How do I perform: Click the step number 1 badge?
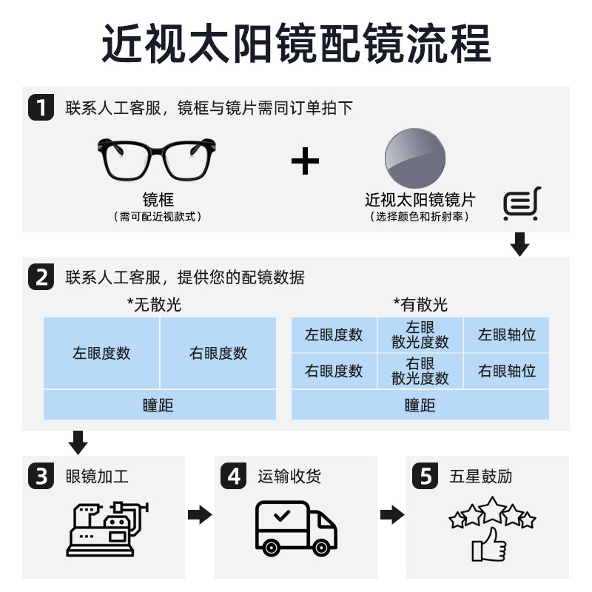pos(41,107)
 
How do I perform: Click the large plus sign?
pos(304,161)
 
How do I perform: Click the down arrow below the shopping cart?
pos(520,244)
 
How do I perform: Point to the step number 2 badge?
pos(41,277)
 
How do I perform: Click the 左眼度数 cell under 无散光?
pos(101,353)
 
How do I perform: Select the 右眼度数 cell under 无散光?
pos(218,353)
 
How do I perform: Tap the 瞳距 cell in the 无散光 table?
pos(159,405)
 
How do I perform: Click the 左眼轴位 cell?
pos(507,334)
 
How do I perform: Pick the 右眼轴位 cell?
pos(507,370)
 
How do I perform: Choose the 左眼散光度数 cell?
pos(420,334)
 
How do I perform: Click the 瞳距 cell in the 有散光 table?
pos(420,405)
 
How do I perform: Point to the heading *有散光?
pos(420,305)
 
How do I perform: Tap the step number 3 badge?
pos(41,476)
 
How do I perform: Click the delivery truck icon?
pos(295,528)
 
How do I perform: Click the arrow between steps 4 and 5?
pos(393,515)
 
